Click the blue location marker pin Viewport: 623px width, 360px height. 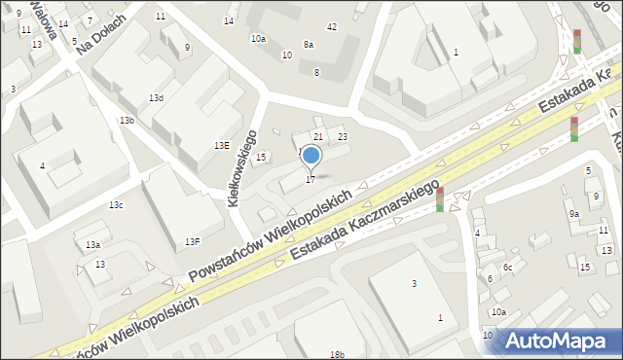click(311, 155)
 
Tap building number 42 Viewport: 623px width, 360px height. click(332, 26)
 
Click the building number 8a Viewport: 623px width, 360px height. click(309, 44)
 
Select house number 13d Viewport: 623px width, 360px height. click(156, 98)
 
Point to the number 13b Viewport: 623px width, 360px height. click(127, 120)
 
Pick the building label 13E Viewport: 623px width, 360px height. click(222, 145)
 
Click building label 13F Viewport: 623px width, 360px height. click(193, 241)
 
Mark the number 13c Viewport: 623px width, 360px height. click(116, 204)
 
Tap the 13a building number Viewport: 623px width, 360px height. click(92, 245)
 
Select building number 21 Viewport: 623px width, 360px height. click(317, 136)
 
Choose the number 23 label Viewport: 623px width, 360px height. click(342, 136)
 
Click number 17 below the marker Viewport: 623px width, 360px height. click(311, 179)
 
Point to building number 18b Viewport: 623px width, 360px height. click(337, 355)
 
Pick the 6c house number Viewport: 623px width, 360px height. click(507, 267)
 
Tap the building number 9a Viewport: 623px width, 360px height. click(574, 214)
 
